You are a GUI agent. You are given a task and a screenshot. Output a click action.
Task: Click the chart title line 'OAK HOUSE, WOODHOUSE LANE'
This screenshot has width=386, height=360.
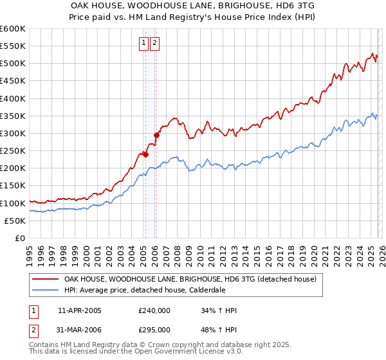click(x=193, y=4)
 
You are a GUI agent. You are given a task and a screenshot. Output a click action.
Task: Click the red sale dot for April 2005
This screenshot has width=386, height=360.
click(x=145, y=154)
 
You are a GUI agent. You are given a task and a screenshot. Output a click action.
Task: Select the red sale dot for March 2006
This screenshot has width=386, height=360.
click(x=156, y=136)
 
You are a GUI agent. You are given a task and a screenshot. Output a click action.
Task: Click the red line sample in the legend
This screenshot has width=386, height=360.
click(x=44, y=280)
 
